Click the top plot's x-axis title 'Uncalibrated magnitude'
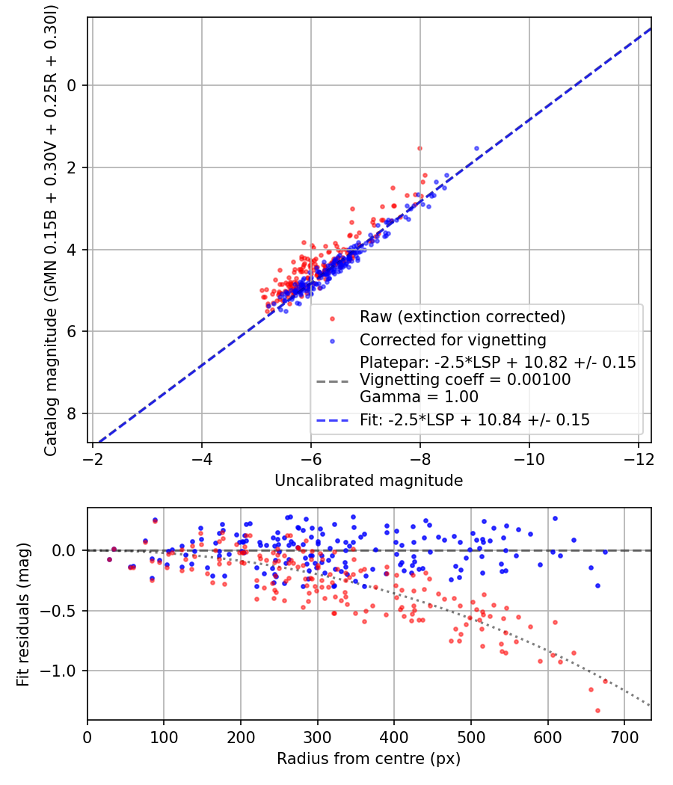tap(369, 481)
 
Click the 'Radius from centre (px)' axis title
tap(369, 759)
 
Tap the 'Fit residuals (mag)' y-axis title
tap(23, 615)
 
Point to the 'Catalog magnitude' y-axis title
tap(51, 231)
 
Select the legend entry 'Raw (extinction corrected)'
tap(462, 317)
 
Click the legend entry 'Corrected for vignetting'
tap(452, 340)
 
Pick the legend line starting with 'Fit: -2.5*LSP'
tap(475, 419)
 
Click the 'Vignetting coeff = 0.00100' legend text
tap(465, 380)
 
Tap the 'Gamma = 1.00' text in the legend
tap(419, 397)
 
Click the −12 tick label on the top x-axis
tap(639, 458)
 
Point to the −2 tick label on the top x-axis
tap(93, 458)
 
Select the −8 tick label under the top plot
tap(420, 458)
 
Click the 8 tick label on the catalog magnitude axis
tap(72, 413)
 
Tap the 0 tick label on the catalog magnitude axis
tap(72, 86)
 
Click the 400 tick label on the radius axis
tap(394, 737)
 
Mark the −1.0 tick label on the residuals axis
tap(58, 671)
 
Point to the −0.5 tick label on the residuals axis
tap(58, 611)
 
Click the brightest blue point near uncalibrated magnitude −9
tap(477, 148)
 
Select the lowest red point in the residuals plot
tap(597, 710)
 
